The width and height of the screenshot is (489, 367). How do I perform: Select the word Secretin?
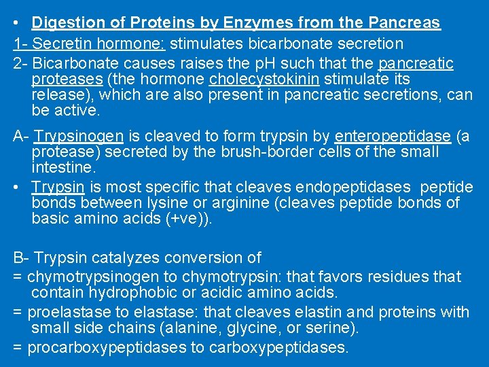click(60, 43)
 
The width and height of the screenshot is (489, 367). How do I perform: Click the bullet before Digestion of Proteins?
click(16, 22)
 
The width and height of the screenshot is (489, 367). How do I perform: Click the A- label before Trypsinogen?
click(20, 136)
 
